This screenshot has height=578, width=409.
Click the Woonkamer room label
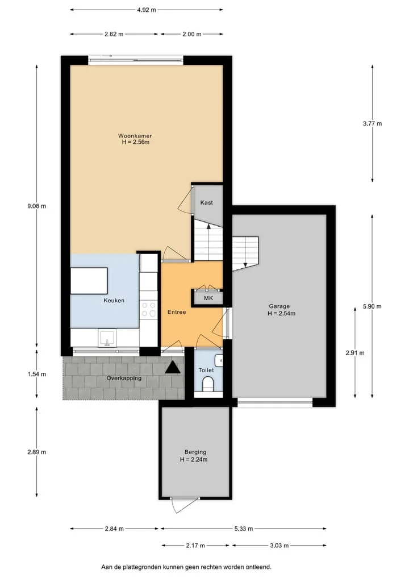click(x=135, y=136)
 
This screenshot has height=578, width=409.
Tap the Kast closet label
click(x=206, y=202)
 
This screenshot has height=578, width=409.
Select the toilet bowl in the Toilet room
click(x=208, y=384)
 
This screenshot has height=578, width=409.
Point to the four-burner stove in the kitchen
click(x=148, y=310)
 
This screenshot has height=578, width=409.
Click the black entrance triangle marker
click(x=173, y=368)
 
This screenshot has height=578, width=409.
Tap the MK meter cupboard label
click(x=208, y=298)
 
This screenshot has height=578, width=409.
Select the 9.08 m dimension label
click(x=36, y=206)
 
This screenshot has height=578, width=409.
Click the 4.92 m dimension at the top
click(x=147, y=10)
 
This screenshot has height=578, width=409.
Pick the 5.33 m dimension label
click(x=244, y=529)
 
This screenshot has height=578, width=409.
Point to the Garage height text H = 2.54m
click(x=282, y=314)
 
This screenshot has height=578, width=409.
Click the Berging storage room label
click(x=195, y=452)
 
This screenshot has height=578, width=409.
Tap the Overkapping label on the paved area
click(x=124, y=378)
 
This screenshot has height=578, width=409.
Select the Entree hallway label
click(x=177, y=312)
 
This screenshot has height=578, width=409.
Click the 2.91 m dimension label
click(x=355, y=353)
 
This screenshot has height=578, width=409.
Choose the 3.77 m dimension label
click(x=372, y=123)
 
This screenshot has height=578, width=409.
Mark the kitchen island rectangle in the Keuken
click(x=89, y=281)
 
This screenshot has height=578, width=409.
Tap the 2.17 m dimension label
click(x=195, y=546)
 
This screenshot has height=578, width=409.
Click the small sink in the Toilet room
click(x=219, y=360)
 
